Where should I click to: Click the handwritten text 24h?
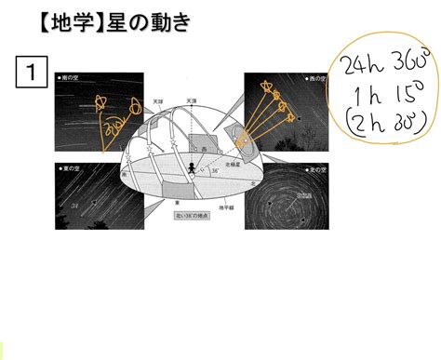coord(358,65)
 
